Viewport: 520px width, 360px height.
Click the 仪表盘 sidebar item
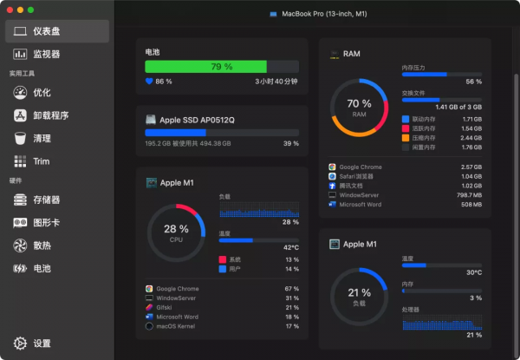point(48,32)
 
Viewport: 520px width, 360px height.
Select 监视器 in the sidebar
point(48,55)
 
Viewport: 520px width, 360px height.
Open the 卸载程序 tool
point(50,115)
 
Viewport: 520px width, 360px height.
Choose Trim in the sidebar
point(41,161)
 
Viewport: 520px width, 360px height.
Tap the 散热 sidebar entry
point(42,245)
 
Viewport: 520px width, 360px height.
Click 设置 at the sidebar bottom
point(42,344)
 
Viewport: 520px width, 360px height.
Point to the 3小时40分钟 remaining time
point(276,82)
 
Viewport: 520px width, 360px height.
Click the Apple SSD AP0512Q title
point(197,120)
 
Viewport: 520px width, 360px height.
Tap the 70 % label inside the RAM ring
point(359,104)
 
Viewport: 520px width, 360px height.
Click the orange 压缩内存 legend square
point(406,138)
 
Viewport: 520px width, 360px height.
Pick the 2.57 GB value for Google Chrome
point(471,167)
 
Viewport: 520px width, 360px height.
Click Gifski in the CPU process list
point(166,308)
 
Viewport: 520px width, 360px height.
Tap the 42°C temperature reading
point(290,247)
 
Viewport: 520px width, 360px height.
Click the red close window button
point(10,10)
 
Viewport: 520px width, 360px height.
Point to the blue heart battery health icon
point(149,82)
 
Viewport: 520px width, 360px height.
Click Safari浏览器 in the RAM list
point(361,176)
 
